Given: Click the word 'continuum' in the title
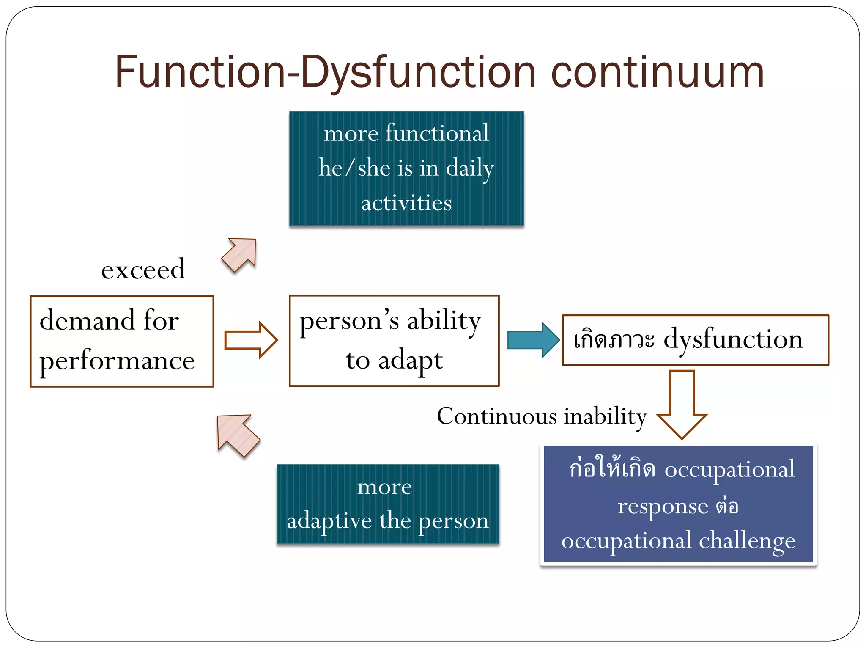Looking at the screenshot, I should click(658, 73).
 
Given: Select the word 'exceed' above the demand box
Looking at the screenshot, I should click(143, 270).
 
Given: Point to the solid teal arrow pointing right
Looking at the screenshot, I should click(533, 340).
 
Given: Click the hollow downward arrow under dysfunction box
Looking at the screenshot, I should click(682, 404).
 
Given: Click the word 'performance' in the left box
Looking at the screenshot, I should click(117, 361).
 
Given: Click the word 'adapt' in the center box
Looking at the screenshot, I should click(410, 361).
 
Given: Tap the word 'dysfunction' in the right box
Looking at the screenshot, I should click(733, 340).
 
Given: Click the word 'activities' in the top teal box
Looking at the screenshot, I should click(406, 203).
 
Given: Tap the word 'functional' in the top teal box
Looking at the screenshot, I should click(437, 133).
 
